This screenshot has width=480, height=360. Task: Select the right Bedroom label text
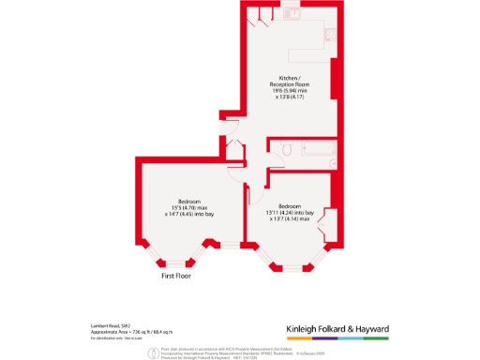tap(289, 206)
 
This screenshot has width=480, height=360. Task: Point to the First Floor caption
tap(181, 277)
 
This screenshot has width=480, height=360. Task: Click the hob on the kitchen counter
tap(330, 35)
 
